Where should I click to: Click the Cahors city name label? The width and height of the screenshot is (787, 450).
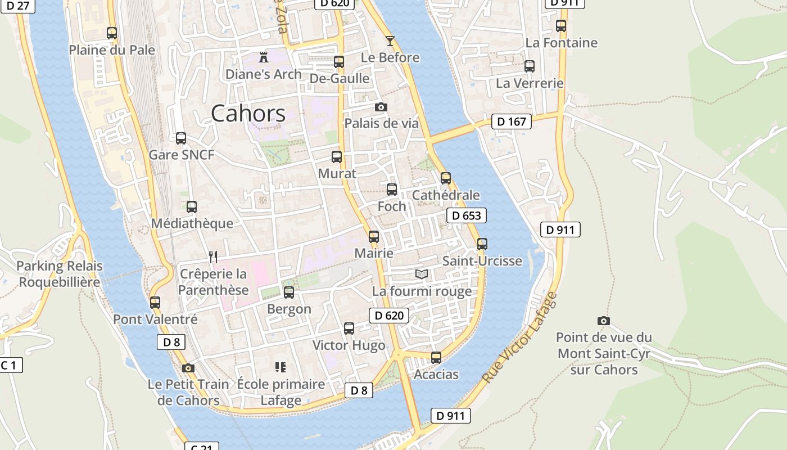pyautogui.click(x=248, y=114)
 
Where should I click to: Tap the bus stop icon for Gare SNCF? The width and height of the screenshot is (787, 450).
pyautogui.click(x=181, y=138)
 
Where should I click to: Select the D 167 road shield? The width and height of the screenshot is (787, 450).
pyautogui.click(x=511, y=121)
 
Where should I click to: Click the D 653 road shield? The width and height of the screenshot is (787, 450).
pyautogui.click(x=466, y=215)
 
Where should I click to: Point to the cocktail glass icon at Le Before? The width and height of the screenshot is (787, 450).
pyautogui.click(x=390, y=40)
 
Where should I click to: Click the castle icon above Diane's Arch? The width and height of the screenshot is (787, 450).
pyautogui.click(x=263, y=57)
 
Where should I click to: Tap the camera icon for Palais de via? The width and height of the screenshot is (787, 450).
pyautogui.click(x=381, y=107)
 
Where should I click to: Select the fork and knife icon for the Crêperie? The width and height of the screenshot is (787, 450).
pyautogui.click(x=213, y=257)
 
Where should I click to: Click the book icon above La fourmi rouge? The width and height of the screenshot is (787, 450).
pyautogui.click(x=422, y=274)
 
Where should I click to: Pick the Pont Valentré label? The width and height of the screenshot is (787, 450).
pyautogui.click(x=155, y=319)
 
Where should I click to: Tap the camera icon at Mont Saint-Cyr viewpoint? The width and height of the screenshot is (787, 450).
pyautogui.click(x=603, y=321)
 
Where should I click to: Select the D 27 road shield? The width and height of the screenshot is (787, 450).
pyautogui.click(x=18, y=6)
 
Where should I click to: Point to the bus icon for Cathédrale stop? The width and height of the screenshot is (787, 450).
pyautogui.click(x=446, y=178)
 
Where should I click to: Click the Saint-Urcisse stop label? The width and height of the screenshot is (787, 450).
pyautogui.click(x=482, y=261)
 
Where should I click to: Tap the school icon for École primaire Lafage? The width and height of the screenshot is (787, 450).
pyautogui.click(x=281, y=367)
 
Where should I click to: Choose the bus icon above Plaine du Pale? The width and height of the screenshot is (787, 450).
pyautogui.click(x=112, y=33)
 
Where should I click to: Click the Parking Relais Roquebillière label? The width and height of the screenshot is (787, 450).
pyautogui.click(x=60, y=274)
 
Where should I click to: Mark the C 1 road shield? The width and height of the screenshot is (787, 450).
pyautogui.click(x=10, y=365)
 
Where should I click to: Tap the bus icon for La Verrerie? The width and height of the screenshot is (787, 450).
pyautogui.click(x=529, y=66)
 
